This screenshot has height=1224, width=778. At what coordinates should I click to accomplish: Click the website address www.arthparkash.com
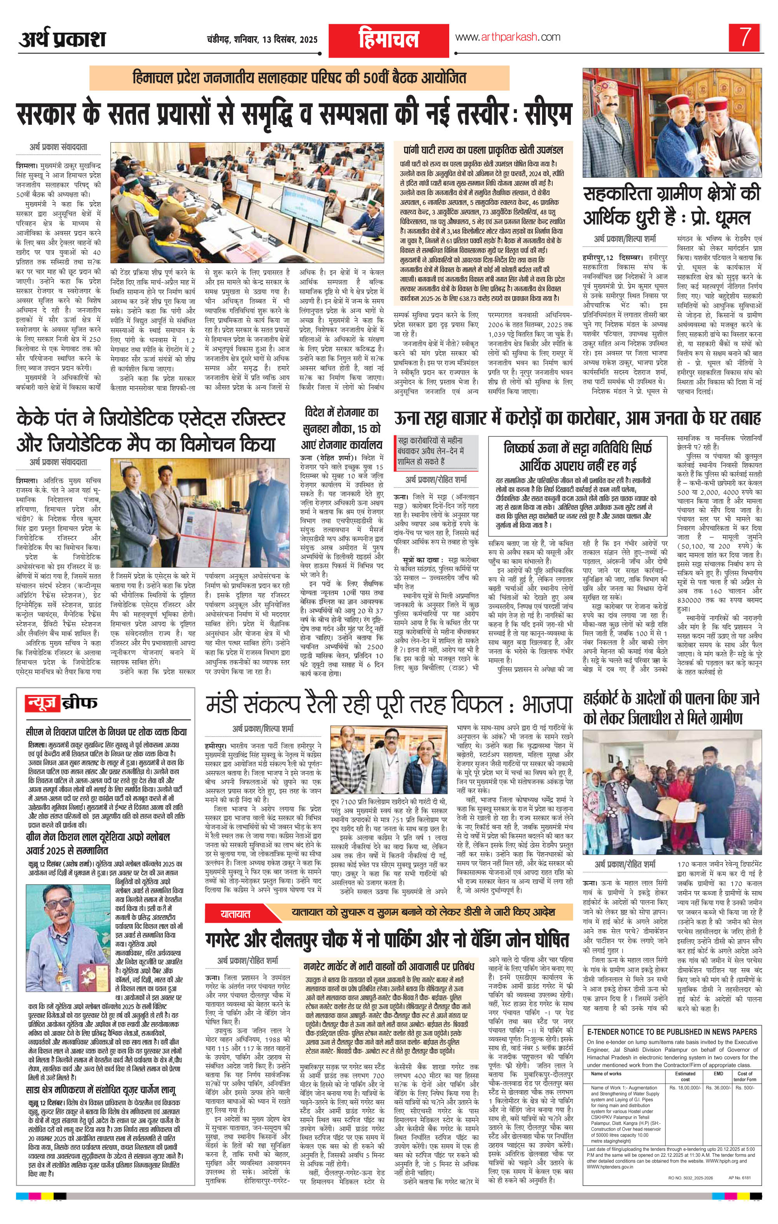(x=508, y=37)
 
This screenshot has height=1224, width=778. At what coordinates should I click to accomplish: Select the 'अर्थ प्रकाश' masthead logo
(x=63, y=40)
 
